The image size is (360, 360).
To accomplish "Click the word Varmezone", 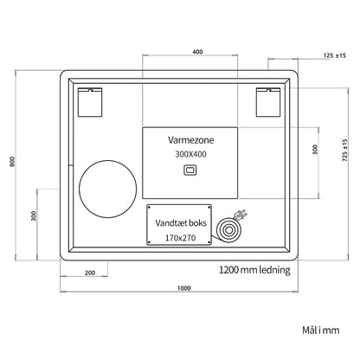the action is [x=191, y=140].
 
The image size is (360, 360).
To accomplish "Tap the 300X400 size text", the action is [x=190, y=154].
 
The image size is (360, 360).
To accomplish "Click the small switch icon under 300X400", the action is [x=190, y=170].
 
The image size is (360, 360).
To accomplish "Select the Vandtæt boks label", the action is [x=181, y=223].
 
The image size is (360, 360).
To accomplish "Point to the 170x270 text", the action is [x=180, y=238].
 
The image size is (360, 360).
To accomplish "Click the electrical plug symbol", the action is [x=240, y=215].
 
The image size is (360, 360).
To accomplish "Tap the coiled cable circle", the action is [x=228, y=230].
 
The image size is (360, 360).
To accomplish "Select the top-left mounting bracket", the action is [x=90, y=102].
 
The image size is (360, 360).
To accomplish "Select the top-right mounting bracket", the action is [x=268, y=102].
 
